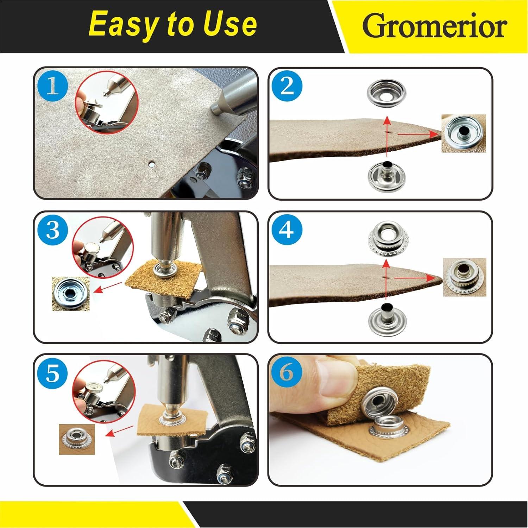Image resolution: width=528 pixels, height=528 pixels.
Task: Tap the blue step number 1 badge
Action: tap(53, 86)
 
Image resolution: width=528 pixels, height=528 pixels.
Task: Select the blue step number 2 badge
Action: tap(287, 86)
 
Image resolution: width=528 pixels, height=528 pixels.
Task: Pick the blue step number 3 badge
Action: tap(53, 230)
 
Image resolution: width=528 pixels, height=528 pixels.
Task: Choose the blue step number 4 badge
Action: tap(287, 230)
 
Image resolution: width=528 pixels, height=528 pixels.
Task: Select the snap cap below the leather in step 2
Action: tap(387, 172)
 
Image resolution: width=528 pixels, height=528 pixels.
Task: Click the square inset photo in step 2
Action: tap(464, 133)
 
